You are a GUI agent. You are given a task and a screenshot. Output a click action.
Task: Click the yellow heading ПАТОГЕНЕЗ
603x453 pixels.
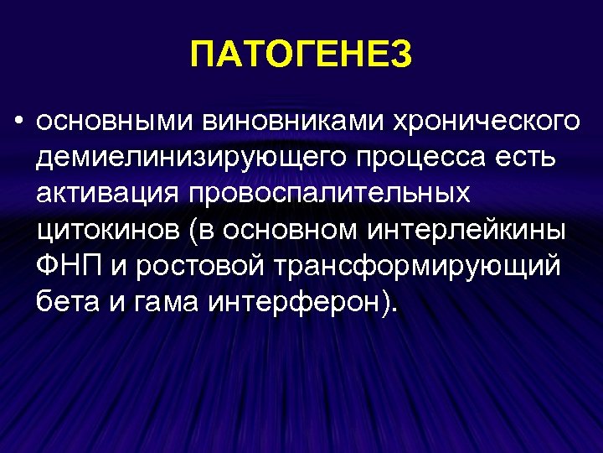click(x=301, y=56)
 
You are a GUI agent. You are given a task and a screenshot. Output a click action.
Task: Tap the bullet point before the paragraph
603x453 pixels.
click(x=18, y=121)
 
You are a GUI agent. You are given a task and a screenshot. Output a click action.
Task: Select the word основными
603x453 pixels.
click(x=112, y=121)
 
